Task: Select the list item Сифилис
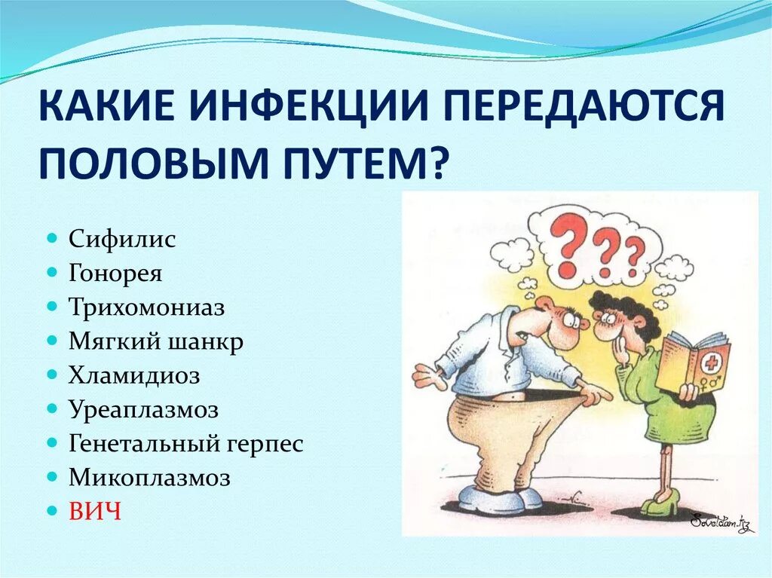click(122, 240)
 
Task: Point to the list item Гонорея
click(115, 273)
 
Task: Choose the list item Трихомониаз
click(147, 307)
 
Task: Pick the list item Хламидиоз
click(134, 375)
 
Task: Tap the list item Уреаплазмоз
click(143, 409)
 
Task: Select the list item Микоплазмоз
click(149, 478)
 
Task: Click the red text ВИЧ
click(95, 512)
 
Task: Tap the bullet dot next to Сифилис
click(52, 238)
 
